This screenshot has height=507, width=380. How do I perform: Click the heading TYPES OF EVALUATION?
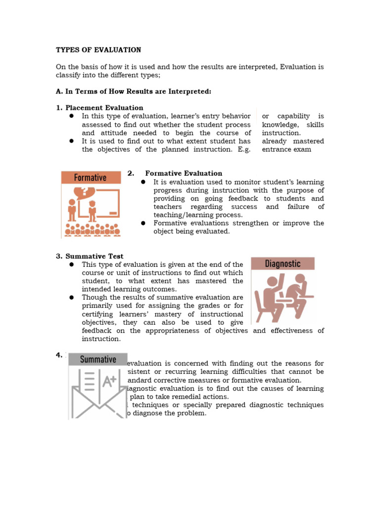pos(98,50)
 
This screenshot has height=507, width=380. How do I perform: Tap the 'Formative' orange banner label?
pos(90,177)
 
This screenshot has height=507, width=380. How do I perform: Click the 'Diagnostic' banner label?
pos(283,263)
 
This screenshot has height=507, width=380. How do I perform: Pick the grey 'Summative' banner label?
pos(98,359)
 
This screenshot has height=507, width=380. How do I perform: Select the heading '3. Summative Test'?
pos(90,256)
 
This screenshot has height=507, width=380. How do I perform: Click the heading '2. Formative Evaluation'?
pos(175,173)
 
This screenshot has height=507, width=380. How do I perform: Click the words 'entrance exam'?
pos(286,150)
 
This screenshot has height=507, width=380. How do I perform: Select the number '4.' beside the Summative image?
pos(59,355)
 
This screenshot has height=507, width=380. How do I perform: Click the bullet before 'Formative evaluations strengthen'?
pos(142,223)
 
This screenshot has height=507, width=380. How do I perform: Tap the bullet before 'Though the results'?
pos(71,298)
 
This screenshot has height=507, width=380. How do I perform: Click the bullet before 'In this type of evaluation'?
pos(71,116)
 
